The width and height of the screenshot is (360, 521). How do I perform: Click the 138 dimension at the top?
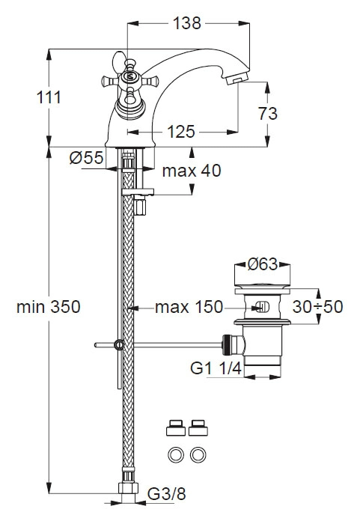coord(187,23)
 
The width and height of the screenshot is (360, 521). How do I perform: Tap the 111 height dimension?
coord(49,97)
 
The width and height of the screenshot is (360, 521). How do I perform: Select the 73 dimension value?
coord(268,113)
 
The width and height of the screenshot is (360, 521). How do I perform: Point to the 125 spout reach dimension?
coord(180,132)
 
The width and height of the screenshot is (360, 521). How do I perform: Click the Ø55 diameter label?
coord(86,157)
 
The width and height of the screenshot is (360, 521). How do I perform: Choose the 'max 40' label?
coord(192,171)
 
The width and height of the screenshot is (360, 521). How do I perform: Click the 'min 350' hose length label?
coord(49,306)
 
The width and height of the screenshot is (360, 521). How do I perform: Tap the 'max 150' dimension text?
coord(189,307)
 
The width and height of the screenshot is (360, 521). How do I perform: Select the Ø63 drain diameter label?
coord(263,264)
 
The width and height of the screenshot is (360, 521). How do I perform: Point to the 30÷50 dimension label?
coord(317,307)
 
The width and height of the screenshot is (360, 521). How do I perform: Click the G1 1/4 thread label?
coord(216,368)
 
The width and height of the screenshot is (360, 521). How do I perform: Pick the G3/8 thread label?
coord(166,494)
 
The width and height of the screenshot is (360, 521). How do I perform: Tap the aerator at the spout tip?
coord(237,79)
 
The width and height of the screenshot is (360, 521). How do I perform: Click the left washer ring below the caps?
coord(176,454)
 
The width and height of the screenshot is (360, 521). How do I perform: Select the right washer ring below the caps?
coord(198,454)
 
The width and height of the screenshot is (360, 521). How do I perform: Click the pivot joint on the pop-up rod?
coord(119,345)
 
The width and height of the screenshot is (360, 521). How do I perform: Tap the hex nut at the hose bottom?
coord(128,488)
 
